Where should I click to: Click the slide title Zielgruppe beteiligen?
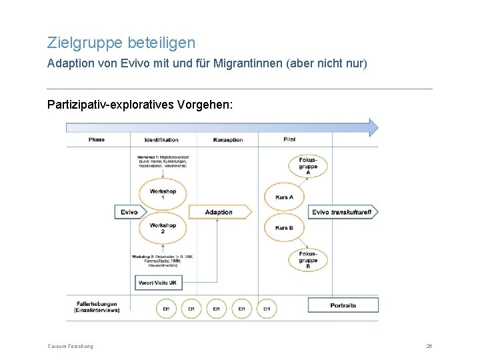click(x=121, y=43)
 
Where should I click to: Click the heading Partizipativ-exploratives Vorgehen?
click(x=140, y=105)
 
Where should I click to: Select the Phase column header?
click(x=97, y=139)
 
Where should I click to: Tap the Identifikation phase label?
click(x=161, y=139)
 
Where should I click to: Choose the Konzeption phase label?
click(x=228, y=139)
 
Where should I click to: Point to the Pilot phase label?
click(x=289, y=139)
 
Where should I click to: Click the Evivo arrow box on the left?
click(x=128, y=212)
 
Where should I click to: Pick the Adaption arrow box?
click(x=219, y=212)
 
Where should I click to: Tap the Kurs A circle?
click(x=285, y=197)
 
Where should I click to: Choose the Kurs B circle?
click(x=285, y=228)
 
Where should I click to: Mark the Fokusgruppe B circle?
click(x=308, y=259)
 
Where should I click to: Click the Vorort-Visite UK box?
click(x=157, y=283)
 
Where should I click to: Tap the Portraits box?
click(x=343, y=305)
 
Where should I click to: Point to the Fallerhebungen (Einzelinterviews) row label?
click(x=97, y=306)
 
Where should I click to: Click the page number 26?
click(x=429, y=346)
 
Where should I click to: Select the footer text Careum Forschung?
click(x=70, y=346)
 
